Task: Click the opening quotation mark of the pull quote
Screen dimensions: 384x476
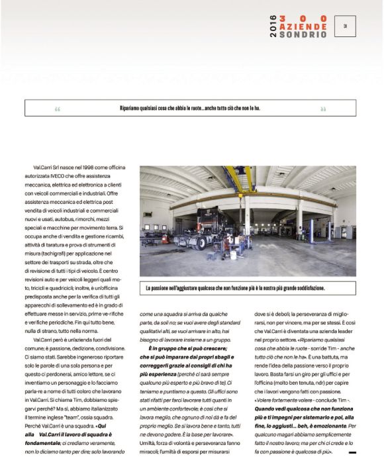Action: [58, 109]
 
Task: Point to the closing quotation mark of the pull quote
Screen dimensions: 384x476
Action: [323, 109]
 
